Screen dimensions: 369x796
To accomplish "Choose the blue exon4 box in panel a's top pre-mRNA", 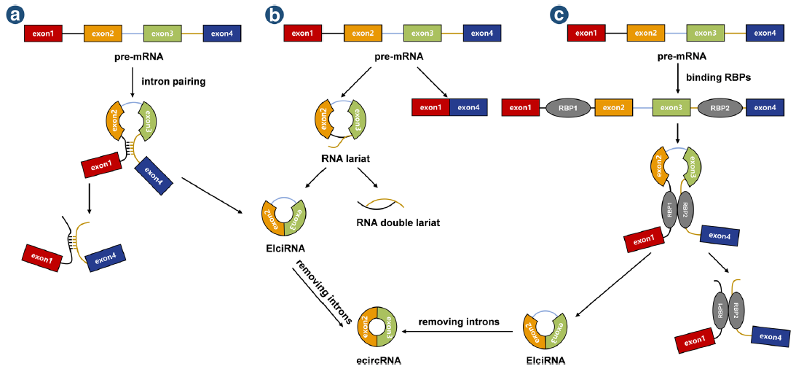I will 221,33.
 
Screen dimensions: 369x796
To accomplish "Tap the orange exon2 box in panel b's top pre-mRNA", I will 362,33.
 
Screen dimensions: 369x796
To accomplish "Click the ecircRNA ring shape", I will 377,329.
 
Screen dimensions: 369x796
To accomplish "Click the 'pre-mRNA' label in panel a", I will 132,55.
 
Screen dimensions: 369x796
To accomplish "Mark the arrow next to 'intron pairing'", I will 132,82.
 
